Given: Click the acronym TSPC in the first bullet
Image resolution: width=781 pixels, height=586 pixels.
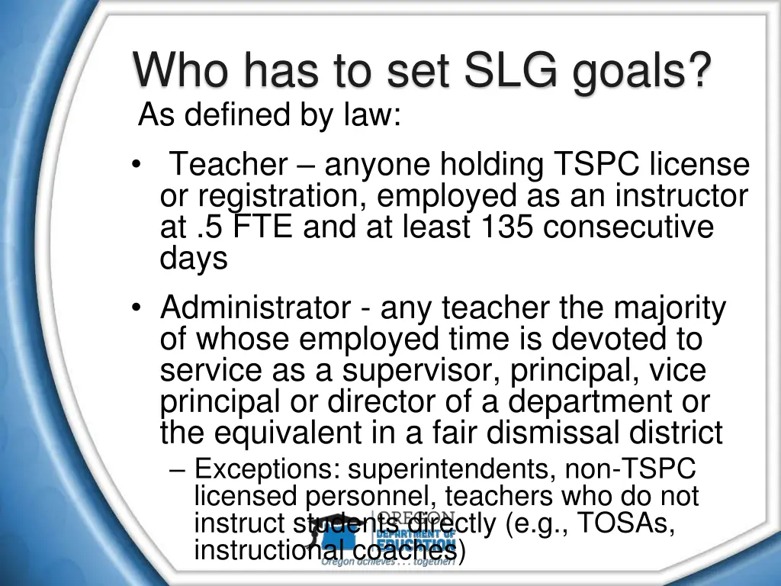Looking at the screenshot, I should point(597,164).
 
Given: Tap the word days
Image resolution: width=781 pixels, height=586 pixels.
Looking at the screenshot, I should point(194,259).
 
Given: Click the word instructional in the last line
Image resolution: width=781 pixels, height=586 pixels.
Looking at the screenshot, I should point(260,549).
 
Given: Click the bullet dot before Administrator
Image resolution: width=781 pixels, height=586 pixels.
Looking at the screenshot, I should point(136,308).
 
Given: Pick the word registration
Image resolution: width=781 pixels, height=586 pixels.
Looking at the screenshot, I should point(283,196).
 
